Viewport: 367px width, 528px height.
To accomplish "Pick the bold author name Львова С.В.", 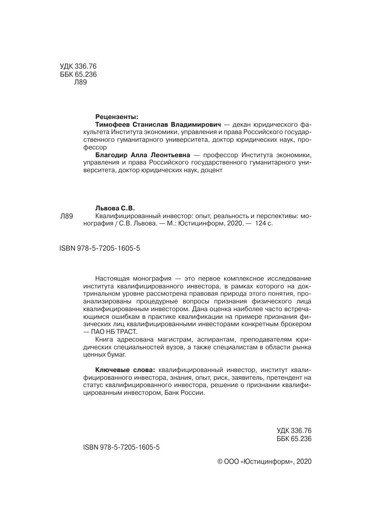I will tap(114, 208).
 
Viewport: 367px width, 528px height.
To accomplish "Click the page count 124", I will tap(257, 223).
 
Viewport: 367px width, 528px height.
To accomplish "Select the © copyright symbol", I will tap(220, 462).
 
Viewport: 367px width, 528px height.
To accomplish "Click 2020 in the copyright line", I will tap(304, 462).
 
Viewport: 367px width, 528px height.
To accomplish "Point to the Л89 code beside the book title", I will tap(66, 216).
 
